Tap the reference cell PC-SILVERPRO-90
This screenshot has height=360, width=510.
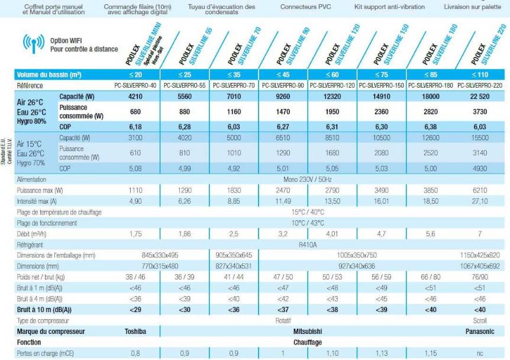click(x=284, y=85)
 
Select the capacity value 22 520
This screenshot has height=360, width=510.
click(x=480, y=96)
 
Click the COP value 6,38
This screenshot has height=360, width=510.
click(x=431, y=127)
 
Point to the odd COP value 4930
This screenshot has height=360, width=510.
click(x=480, y=168)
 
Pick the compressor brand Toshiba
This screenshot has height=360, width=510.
click(x=135, y=332)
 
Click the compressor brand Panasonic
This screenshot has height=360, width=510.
click(x=480, y=332)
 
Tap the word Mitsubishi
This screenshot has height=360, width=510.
click(x=308, y=332)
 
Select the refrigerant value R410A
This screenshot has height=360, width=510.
click(x=308, y=243)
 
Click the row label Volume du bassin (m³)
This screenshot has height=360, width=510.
click(x=49, y=75)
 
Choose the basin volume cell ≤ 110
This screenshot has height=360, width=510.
click(x=480, y=75)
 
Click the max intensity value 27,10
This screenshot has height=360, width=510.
click(x=480, y=201)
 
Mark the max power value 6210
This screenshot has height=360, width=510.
click(x=480, y=190)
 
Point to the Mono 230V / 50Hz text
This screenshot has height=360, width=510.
click(x=308, y=179)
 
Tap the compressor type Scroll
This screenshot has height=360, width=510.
click(x=480, y=320)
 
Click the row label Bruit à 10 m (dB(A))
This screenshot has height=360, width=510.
click(x=45, y=310)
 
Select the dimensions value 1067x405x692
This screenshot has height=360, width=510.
click(x=480, y=266)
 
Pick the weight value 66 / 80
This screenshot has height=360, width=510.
click(x=431, y=277)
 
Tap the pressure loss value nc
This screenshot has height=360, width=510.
click(x=480, y=353)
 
